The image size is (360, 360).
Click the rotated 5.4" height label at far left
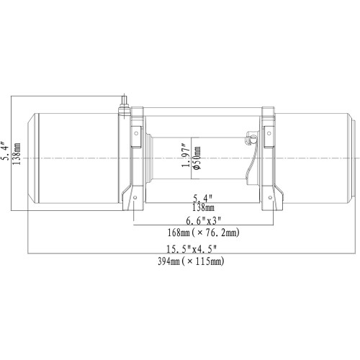5,150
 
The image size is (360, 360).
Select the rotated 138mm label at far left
17,153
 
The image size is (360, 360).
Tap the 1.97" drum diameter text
186,156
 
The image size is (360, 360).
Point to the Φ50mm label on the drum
197,158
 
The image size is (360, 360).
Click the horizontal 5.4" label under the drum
203,198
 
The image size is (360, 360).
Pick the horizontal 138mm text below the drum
203,207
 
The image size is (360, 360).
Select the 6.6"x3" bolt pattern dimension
204,220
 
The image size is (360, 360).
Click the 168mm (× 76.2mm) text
204,233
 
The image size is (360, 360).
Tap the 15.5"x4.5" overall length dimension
192,249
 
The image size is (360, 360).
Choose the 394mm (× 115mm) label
191,261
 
